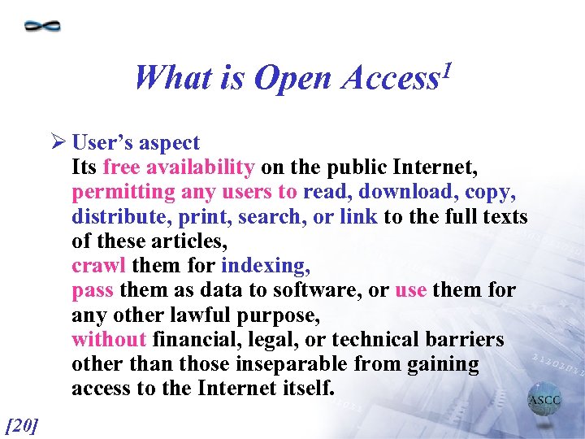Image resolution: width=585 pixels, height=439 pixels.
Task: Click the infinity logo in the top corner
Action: pos(42,26)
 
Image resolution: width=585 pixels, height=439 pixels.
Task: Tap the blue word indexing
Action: pos(265,267)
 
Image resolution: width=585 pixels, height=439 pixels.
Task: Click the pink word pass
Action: pos(93,291)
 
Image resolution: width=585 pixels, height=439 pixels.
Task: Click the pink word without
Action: pos(109,339)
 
